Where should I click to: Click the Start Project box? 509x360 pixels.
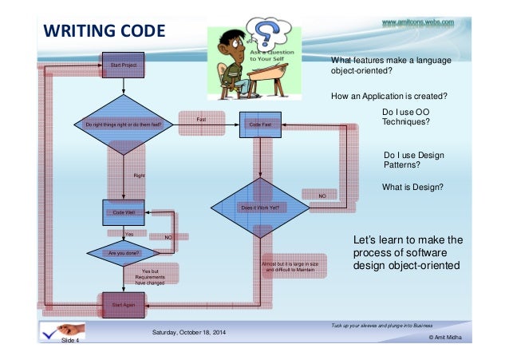point(122,65)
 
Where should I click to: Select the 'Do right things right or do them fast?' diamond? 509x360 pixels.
point(123,125)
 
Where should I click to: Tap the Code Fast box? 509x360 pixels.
point(260,125)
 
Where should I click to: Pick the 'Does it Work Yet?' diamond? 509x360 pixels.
point(260,208)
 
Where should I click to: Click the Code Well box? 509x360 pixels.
point(123,212)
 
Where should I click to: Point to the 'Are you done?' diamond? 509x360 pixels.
point(123,253)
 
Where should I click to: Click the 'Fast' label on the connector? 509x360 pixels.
point(202,119)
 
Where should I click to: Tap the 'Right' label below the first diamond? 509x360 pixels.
point(139,174)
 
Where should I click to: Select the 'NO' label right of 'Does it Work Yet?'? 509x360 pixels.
point(322,195)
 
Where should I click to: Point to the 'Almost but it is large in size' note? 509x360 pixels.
point(291,266)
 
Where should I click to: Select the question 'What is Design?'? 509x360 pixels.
point(413,187)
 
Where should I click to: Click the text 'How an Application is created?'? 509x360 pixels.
point(388,96)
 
